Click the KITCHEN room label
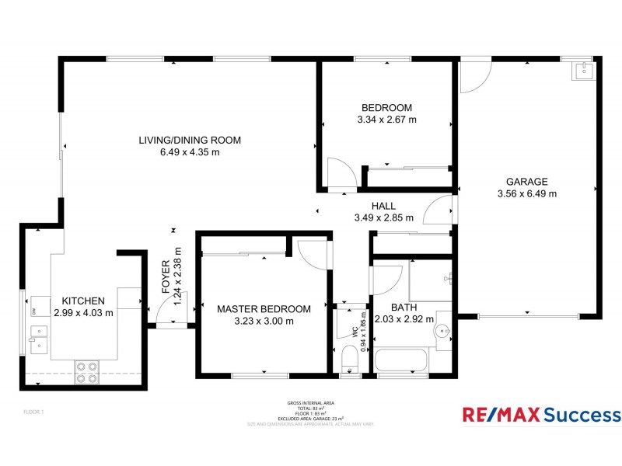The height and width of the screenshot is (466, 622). (83, 301)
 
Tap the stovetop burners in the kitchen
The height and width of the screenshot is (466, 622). (86, 373)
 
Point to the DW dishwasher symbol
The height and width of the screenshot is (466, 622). (35, 311)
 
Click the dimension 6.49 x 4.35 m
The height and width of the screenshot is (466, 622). (190, 152)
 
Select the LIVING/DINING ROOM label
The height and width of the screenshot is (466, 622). (190, 141)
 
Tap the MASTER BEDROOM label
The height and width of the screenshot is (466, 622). (264, 308)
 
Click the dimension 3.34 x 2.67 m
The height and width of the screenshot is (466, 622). (386, 120)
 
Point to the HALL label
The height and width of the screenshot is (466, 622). (383, 206)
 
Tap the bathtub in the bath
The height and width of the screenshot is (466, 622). (400, 361)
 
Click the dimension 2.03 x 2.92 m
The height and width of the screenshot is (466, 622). (404, 318)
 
